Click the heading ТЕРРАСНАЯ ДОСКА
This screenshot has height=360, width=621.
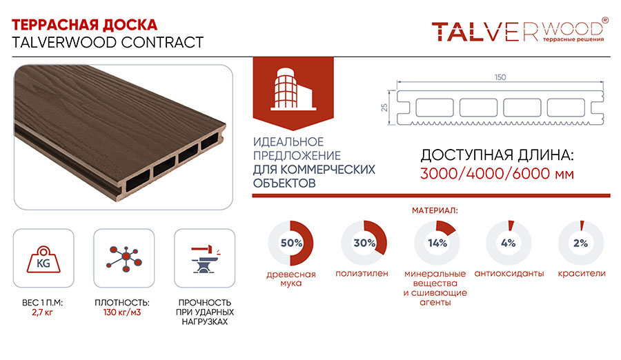tap(84, 25)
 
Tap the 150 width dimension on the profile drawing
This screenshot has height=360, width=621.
tap(500, 77)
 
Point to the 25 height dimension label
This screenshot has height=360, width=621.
tap(384, 108)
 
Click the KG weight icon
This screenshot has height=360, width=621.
tap(43, 260)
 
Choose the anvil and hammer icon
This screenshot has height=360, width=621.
tap(205, 260)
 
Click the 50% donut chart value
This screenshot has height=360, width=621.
tap(291, 243)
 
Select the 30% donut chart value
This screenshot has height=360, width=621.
tap(364, 243)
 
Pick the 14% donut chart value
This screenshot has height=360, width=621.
tap(437, 243)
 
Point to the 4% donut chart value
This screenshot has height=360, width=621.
tap(508, 243)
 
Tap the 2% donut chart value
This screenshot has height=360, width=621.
tap(580, 243)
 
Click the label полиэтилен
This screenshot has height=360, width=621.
tap(362, 274)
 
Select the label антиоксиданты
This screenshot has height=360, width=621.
tap(509, 274)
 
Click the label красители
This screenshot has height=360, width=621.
tap(582, 274)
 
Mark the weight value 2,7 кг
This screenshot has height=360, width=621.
tap(42, 312)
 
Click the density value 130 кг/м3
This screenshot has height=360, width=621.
tap(122, 312)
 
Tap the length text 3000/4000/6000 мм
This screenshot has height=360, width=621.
tap(497, 174)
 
